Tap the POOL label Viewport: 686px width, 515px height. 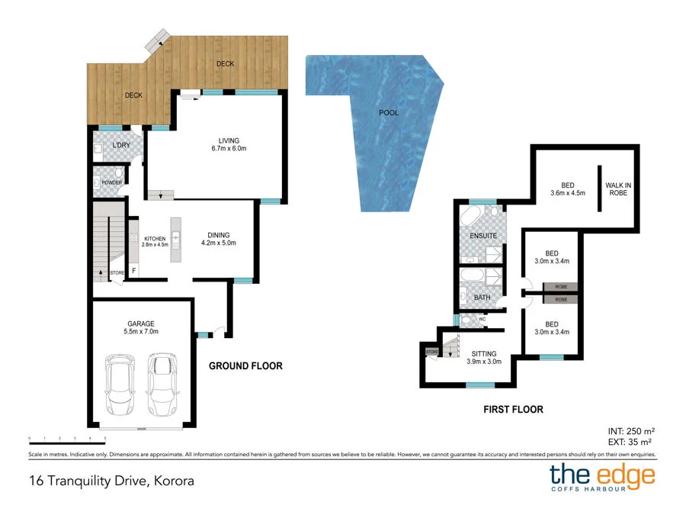tap(389, 113)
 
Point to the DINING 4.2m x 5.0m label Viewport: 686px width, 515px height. tap(219, 240)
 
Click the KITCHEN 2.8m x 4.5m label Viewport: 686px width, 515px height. tap(155, 241)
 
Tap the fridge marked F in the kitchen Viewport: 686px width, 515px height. tap(134, 271)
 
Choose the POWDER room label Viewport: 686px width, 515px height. tap(111, 183)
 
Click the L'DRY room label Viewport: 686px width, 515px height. tap(120, 146)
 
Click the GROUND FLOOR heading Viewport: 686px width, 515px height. tap(245, 366)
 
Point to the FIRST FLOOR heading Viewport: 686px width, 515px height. tap(513, 410)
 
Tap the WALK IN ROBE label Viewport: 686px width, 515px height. tap(616, 189)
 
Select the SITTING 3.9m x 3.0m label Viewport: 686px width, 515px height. tap(484, 358)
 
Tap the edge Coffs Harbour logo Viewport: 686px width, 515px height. tap(602, 479)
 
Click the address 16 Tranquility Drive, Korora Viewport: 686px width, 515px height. tap(111, 481)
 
